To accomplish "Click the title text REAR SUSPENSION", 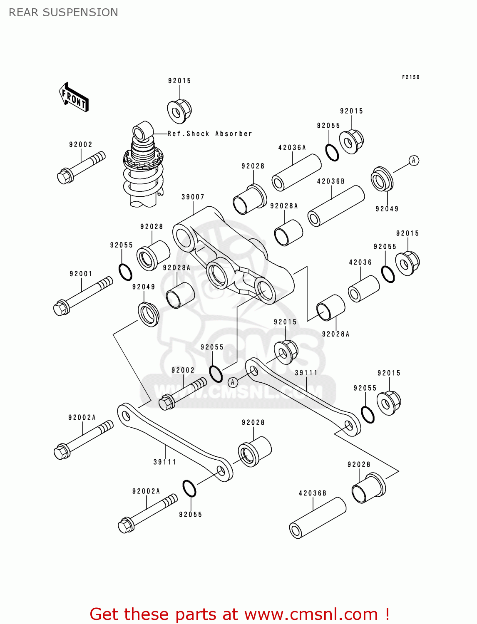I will coord(63,12).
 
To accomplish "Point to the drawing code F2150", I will coord(410,77).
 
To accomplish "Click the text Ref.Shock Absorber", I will coord(210,134).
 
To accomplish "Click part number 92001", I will coord(81,274).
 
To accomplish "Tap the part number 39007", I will coord(193,197).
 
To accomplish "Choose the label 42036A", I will coord(292,148).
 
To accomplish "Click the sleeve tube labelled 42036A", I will coord(296,172).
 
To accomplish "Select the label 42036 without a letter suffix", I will coord(360,262).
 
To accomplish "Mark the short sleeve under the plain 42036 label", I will coord(364,289).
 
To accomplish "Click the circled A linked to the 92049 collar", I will coord(413,160).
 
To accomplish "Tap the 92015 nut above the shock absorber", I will coord(179,111).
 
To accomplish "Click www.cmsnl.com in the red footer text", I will coord(311,614).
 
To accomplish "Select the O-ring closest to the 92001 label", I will coord(125,272).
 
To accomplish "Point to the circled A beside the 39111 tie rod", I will coord(233,382).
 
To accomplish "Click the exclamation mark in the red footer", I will coord(387,614).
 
